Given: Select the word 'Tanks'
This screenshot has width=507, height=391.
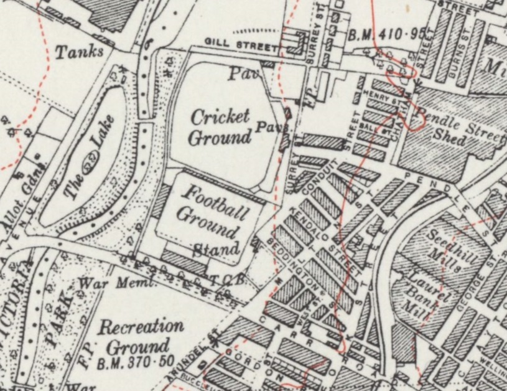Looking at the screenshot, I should pos(79,52).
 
